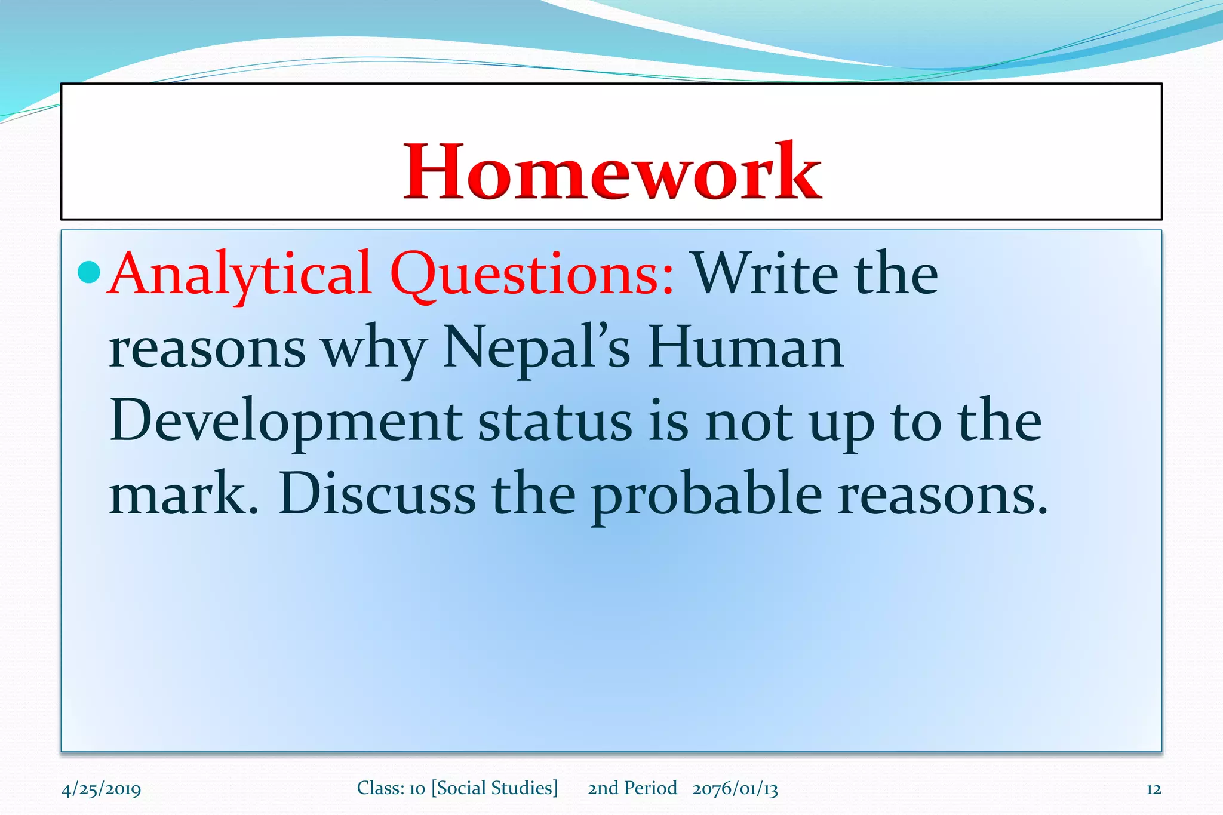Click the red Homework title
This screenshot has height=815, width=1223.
click(612, 172)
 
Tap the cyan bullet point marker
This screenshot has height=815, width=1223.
click(89, 272)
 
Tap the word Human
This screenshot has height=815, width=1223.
click(745, 347)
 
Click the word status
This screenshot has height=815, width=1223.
click(555, 422)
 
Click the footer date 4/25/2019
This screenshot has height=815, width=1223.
click(101, 789)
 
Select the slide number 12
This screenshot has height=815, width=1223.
click(1153, 789)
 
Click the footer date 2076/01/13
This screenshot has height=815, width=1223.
click(735, 789)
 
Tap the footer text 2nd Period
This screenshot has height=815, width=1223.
click(632, 788)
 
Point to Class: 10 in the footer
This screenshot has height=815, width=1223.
click(391, 788)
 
